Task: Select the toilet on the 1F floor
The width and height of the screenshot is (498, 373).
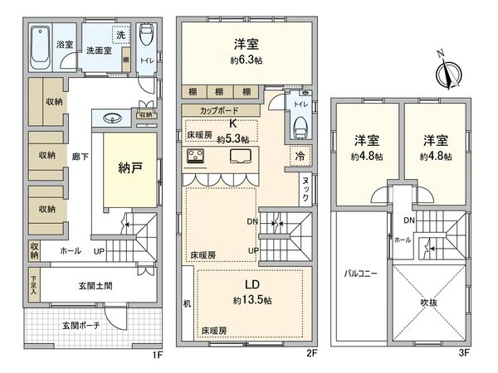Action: tap(147, 36)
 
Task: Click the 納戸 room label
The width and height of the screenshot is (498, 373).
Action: tap(129, 167)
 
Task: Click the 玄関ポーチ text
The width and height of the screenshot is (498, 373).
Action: tap(81, 326)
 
